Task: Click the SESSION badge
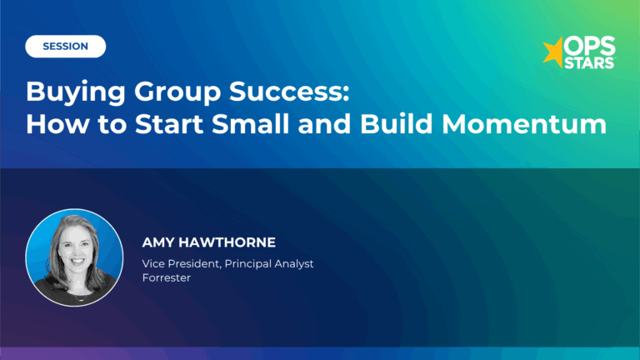tap(66, 47)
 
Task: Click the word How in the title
tap(53, 124)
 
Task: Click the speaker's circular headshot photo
tap(74, 257)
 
